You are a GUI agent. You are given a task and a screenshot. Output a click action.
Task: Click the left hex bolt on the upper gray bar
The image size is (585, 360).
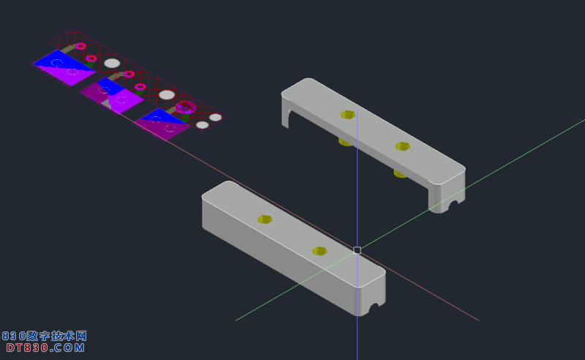(348, 115)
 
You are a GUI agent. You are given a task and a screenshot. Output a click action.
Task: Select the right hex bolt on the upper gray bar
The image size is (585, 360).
(403, 146)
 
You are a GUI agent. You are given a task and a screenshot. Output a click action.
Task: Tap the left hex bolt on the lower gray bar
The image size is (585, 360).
(265, 220)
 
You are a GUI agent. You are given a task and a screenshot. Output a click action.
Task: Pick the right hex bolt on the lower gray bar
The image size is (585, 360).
(320, 251)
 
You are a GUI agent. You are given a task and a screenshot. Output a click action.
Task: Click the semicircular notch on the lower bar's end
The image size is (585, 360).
(374, 308)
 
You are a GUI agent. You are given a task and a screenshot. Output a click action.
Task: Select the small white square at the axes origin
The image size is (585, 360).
(357, 250)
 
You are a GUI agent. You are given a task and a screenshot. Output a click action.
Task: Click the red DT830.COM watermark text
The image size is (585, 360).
(45, 348)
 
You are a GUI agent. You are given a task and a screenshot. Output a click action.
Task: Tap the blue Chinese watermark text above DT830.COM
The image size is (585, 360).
(45, 336)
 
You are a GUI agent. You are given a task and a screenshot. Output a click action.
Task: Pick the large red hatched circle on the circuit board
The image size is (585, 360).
(186, 107)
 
